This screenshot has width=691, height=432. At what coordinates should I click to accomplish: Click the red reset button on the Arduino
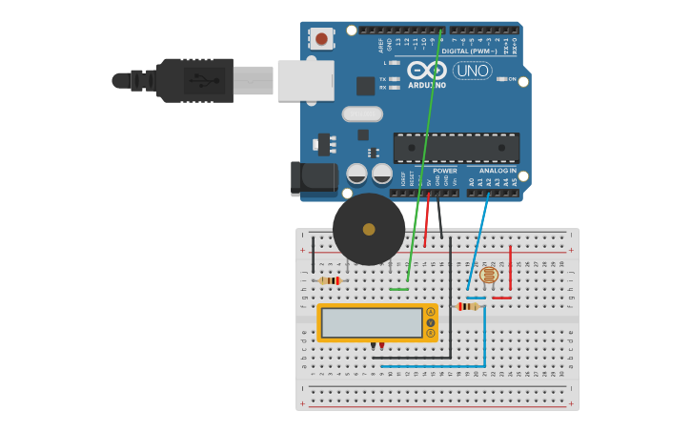click(x=321, y=39)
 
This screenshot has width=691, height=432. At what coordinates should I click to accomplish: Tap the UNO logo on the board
click(x=472, y=71)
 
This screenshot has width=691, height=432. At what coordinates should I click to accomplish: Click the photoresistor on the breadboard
click(x=489, y=276)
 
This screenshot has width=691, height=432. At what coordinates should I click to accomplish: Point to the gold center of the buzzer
click(x=369, y=229)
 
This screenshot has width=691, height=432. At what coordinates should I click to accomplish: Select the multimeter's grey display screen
click(x=372, y=322)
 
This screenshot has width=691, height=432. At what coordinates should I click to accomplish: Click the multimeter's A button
click(x=431, y=312)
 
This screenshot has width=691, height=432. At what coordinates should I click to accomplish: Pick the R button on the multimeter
click(x=431, y=333)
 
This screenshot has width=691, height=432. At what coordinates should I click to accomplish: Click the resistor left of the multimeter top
click(x=330, y=280)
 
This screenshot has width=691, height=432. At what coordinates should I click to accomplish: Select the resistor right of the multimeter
click(x=467, y=306)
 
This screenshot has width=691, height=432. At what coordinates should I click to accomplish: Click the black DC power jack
click(x=315, y=177)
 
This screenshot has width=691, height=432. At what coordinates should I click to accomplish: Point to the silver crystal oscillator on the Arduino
click(x=362, y=114)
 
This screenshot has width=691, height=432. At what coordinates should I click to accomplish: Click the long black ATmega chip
click(x=457, y=148)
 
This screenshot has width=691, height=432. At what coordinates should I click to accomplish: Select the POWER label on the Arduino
click(x=444, y=171)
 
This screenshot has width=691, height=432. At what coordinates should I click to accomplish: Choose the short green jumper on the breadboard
click(x=398, y=289)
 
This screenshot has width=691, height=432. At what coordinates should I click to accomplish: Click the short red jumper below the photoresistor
click(x=501, y=298)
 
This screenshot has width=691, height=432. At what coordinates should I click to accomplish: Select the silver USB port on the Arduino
click(x=305, y=80)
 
